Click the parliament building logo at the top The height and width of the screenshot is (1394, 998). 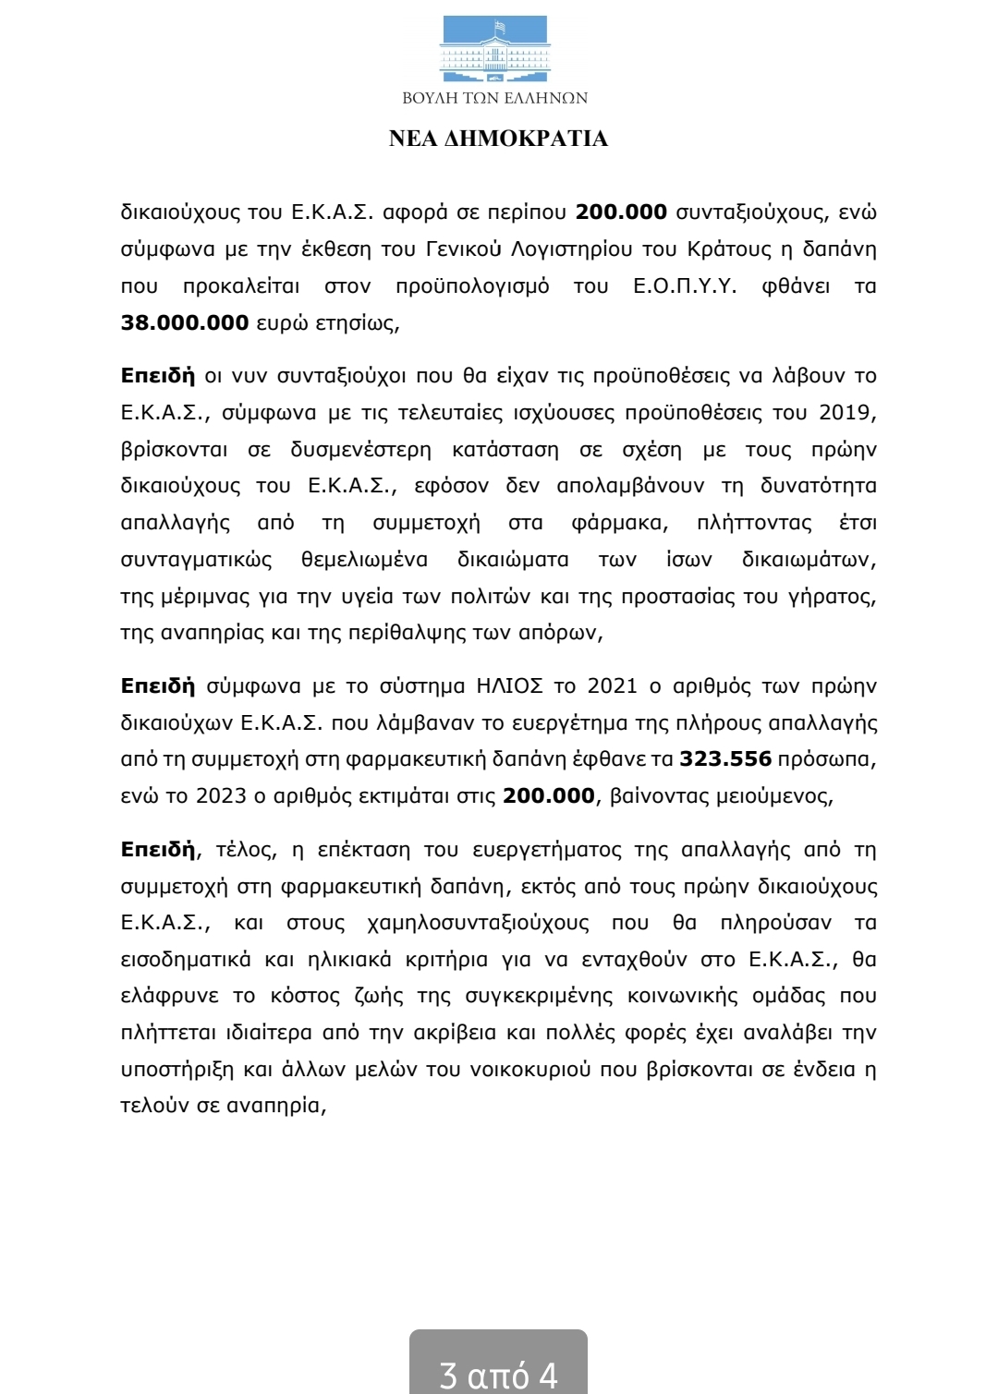pos(496,48)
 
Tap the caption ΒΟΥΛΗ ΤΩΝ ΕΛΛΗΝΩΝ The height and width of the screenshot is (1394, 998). pos(495,98)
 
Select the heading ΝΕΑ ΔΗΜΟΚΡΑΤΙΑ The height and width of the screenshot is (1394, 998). pos(498,139)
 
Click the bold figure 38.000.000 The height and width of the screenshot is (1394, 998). pos(185,322)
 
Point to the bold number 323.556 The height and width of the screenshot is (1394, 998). pos(725,759)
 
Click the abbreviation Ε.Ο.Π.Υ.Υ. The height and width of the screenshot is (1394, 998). pos(685,286)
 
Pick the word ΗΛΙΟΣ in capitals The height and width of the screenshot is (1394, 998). pos(509,686)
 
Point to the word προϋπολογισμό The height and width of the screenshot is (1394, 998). pos(472,286)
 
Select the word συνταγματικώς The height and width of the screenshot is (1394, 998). pos(196,560)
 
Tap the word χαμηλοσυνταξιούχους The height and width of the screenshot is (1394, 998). pos(478,923)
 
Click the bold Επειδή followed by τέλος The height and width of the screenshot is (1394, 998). pos(158,850)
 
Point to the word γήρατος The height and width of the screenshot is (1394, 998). pos(829,597)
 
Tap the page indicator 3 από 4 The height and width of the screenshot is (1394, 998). pos(498,1375)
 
